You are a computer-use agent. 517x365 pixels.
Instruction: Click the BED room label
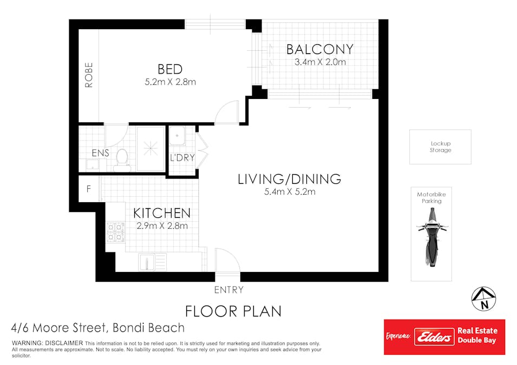point(170,69)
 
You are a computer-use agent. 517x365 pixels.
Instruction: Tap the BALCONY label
point(320,49)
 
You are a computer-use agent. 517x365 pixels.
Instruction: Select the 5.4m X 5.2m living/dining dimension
point(290,192)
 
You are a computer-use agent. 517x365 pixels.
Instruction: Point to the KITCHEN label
point(162,213)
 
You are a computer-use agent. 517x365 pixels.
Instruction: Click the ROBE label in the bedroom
point(89,75)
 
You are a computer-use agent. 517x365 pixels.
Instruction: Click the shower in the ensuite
point(150,148)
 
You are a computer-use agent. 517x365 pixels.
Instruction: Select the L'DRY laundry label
point(182,158)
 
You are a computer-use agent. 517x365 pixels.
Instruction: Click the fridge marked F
point(89,189)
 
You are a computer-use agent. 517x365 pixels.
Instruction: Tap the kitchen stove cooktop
point(115,232)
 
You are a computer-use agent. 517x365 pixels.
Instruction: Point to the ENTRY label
point(229,290)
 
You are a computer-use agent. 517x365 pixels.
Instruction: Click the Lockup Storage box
point(440,147)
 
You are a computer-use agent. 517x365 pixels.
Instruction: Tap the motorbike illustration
point(431,236)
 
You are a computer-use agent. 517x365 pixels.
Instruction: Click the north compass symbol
point(483,299)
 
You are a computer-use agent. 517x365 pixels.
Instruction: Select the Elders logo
point(434,337)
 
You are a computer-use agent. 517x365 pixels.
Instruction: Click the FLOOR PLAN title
point(233,311)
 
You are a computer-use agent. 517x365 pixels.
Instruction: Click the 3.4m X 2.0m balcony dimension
point(320,62)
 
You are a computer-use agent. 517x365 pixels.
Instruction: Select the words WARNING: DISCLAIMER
point(48,343)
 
